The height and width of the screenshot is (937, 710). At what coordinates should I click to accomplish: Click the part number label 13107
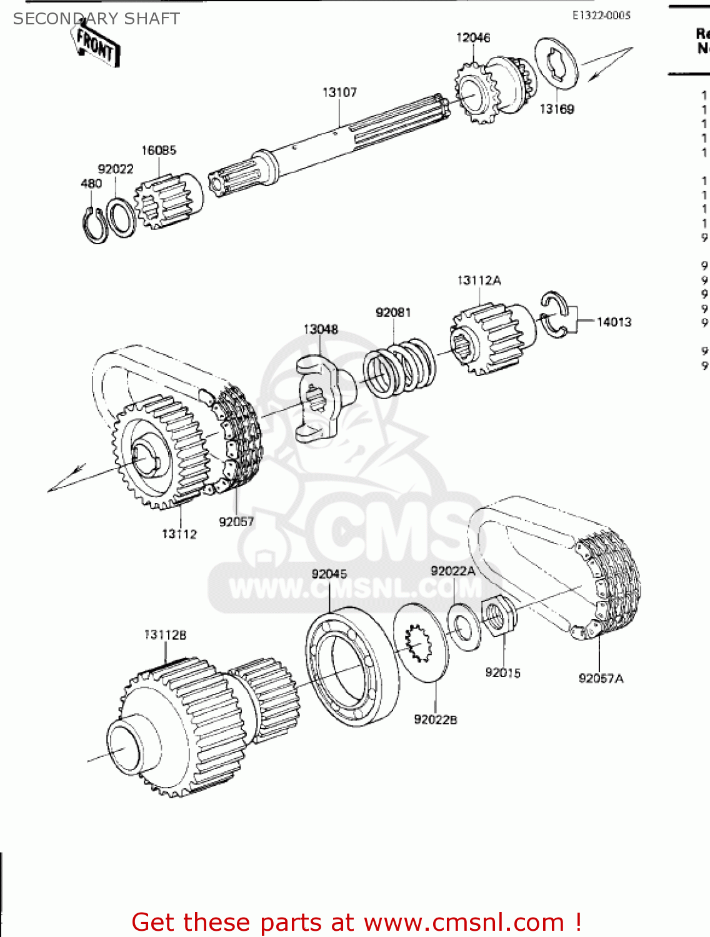(339, 92)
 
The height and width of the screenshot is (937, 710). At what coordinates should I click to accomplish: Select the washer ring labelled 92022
(121, 217)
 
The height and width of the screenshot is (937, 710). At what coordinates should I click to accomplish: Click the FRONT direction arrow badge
(96, 45)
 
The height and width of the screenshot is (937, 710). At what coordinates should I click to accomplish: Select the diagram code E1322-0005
(601, 16)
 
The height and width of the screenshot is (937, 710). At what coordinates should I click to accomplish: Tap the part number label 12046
(473, 37)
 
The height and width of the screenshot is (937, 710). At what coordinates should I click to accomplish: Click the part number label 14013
(614, 322)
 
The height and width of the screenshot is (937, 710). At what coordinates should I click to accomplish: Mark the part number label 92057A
(601, 678)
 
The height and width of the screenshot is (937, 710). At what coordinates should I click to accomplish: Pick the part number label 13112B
(165, 635)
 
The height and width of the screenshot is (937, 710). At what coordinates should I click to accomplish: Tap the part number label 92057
(236, 522)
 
